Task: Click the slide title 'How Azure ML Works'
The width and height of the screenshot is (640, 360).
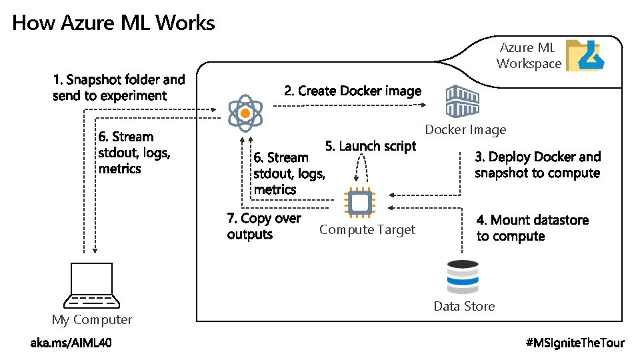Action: click(x=113, y=23)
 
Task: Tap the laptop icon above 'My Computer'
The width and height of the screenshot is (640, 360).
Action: click(x=91, y=285)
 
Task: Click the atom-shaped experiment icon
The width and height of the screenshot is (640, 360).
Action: click(x=245, y=113)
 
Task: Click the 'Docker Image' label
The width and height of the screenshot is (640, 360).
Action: click(x=465, y=130)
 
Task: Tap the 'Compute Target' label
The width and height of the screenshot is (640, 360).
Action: click(x=367, y=230)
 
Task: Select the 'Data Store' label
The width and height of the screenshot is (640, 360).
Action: click(x=464, y=307)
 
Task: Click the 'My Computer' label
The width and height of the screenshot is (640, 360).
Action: click(x=92, y=320)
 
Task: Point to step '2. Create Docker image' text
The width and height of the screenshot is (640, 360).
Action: click(x=353, y=91)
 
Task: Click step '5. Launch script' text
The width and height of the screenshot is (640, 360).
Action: click(x=370, y=146)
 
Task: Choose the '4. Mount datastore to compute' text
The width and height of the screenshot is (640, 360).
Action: click(x=533, y=228)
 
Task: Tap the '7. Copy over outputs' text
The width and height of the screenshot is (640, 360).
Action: click(x=264, y=227)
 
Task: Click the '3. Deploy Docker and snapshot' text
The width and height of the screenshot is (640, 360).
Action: click(x=537, y=165)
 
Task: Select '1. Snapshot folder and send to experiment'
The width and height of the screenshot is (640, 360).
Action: click(x=119, y=87)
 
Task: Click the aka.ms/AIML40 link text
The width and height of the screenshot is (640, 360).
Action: click(x=71, y=343)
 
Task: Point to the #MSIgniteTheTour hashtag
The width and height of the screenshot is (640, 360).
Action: click(x=575, y=343)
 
